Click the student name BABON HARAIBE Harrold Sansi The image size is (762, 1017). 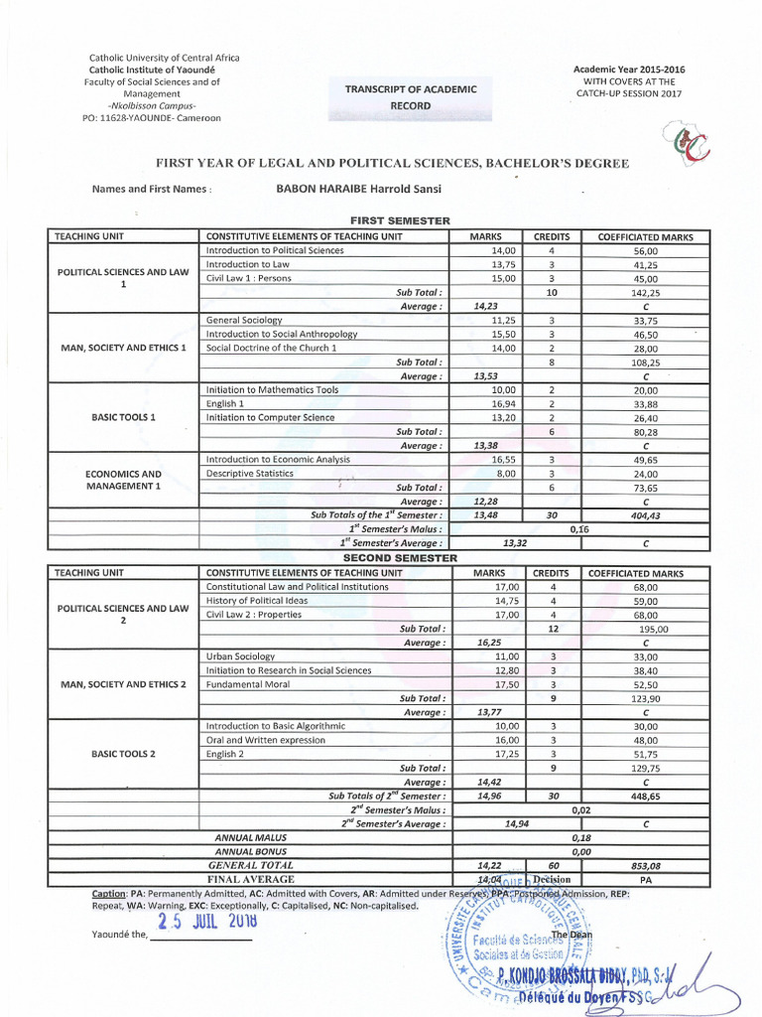click(x=345, y=190)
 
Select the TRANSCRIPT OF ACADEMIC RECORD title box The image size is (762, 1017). click(x=410, y=96)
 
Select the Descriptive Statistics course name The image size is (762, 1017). click(x=249, y=474)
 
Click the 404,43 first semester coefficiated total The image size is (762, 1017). click(x=646, y=515)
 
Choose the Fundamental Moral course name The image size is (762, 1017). click(x=246, y=684)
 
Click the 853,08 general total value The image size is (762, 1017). click(x=646, y=865)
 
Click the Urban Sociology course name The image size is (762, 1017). click(x=240, y=656)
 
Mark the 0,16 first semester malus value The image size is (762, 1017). click(x=579, y=529)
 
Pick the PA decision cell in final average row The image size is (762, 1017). click(x=646, y=879)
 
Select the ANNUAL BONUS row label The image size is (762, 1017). click(x=250, y=851)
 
